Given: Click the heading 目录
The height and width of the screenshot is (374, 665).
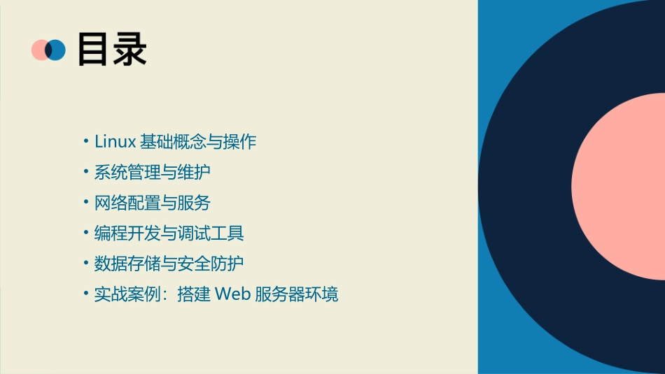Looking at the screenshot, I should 112,50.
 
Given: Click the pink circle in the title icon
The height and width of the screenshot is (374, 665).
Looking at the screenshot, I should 38,50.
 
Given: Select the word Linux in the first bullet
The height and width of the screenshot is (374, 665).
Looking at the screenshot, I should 115,141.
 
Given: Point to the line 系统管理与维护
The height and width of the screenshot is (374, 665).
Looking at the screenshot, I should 152,172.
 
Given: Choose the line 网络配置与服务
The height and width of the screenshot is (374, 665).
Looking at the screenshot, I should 152,203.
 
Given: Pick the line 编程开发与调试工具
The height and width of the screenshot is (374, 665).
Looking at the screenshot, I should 169,233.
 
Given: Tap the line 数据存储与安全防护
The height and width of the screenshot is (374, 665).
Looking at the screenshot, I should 169,264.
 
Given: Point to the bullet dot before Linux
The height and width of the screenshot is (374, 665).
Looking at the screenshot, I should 85,142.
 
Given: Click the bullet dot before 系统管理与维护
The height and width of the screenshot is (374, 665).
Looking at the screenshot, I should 85,173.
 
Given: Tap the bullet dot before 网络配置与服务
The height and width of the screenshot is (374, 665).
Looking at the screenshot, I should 85,203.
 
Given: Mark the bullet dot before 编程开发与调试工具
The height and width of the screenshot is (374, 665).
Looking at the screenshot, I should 85,233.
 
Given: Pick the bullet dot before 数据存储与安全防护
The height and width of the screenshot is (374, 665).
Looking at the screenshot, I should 85,264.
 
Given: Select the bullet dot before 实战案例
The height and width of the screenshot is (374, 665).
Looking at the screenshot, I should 85,294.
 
